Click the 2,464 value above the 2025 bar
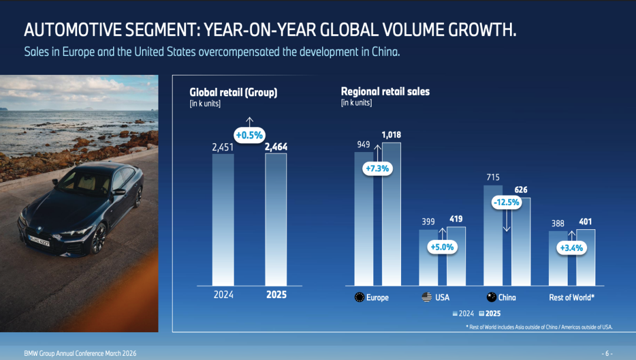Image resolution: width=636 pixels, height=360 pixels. pyautogui.click(x=276, y=147)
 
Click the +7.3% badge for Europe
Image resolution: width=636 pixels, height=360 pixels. pyautogui.click(x=377, y=169)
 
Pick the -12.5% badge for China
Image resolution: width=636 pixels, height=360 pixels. pyautogui.click(x=506, y=202)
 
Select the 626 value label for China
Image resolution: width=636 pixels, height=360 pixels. pyautogui.click(x=521, y=190)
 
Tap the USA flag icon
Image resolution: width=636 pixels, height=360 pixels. pyautogui.click(x=427, y=298)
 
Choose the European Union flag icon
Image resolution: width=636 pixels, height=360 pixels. pyautogui.click(x=359, y=298)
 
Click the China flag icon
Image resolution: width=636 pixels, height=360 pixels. pyautogui.click(x=491, y=298)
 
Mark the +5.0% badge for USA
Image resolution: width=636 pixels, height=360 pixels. pyautogui.click(x=442, y=247)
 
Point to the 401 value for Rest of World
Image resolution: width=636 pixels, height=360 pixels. pyautogui.click(x=585, y=222)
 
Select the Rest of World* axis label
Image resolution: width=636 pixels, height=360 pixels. pyautogui.click(x=571, y=298)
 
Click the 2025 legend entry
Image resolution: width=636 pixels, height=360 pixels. pyautogui.click(x=489, y=313)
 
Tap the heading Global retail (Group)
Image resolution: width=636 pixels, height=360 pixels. pyautogui.click(x=233, y=92)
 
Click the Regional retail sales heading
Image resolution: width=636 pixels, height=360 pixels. pyautogui.click(x=385, y=91)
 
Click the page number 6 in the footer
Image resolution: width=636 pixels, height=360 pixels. pyautogui.click(x=607, y=354)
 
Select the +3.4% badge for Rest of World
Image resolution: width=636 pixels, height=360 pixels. pyautogui.click(x=571, y=247)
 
